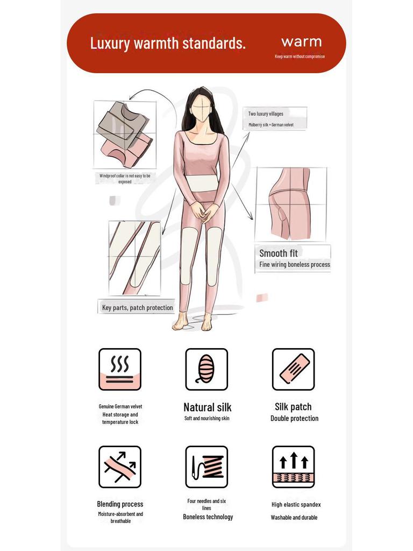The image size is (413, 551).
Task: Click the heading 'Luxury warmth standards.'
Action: [x=167, y=43]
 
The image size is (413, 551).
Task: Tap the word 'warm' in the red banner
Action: [x=301, y=41]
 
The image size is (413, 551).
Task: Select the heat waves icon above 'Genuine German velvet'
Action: [x=120, y=369]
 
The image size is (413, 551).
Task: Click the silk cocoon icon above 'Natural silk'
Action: [x=206, y=369]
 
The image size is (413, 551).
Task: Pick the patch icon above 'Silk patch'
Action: [x=293, y=369]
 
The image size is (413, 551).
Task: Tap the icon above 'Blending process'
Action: [x=120, y=467]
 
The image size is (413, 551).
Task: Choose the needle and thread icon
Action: [x=206, y=467]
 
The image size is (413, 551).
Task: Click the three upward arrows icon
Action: [x=293, y=467]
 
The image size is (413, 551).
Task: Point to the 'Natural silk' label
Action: [x=208, y=407]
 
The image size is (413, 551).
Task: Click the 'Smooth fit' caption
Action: [x=278, y=253]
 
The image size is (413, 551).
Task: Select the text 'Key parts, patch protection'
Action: [x=138, y=308]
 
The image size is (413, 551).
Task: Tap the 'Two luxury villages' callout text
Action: [x=266, y=114]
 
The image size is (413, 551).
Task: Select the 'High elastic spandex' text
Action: [x=296, y=505]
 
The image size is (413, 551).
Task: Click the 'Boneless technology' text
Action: [x=208, y=517]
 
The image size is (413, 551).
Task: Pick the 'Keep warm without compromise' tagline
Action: [x=300, y=56]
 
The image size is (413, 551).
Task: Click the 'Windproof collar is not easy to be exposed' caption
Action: [x=125, y=179]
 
